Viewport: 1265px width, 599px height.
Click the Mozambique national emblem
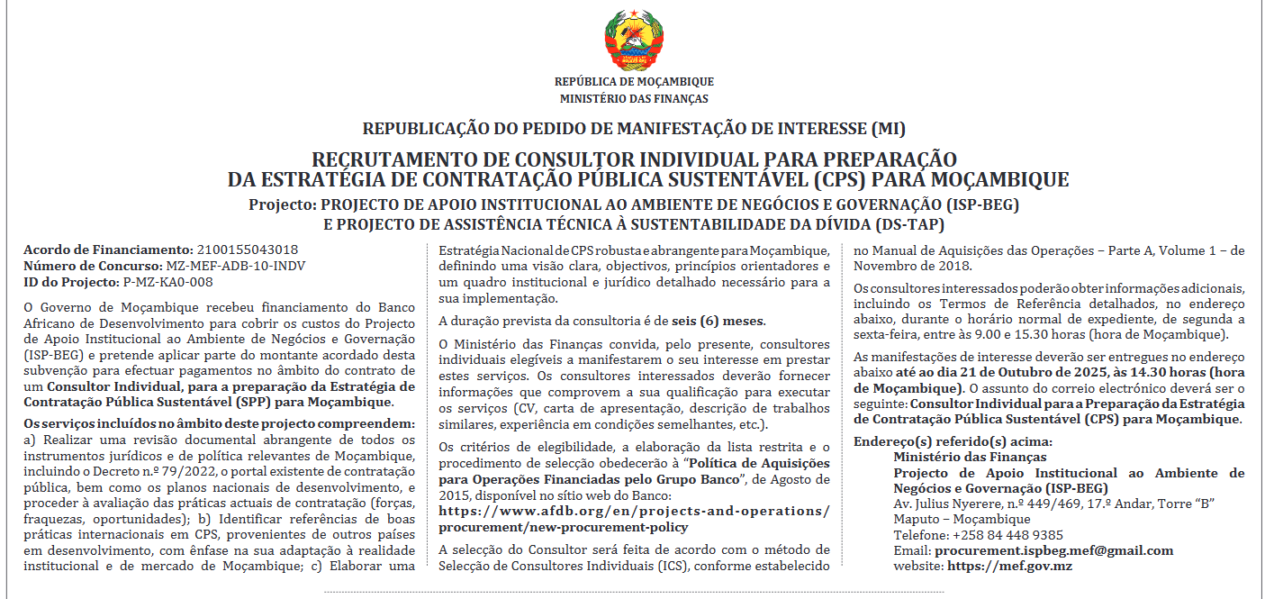pos(634,39)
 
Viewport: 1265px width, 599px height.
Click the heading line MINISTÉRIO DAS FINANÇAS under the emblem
pos(634,99)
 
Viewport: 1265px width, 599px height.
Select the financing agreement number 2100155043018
pos(247,250)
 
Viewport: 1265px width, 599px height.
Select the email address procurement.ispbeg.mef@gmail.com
pos(1054,550)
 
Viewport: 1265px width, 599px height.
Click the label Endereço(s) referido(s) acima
pos(953,441)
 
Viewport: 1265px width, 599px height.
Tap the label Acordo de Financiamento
pos(107,250)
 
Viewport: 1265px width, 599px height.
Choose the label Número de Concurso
pos(94,266)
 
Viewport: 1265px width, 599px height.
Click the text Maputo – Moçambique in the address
pos(962,519)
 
